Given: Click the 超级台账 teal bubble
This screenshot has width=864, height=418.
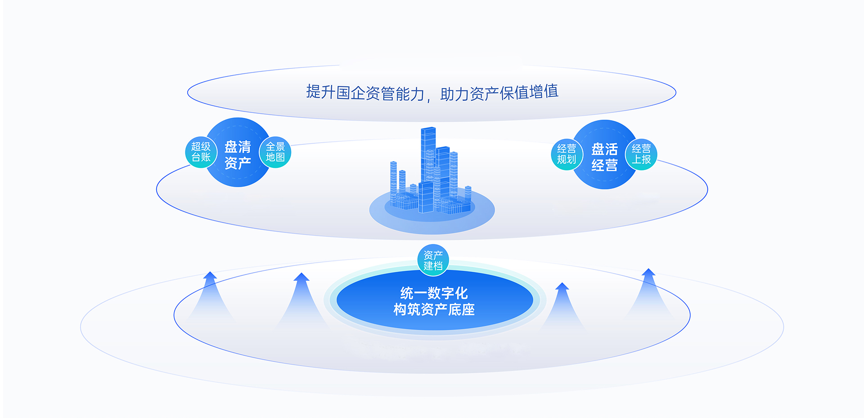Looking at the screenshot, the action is tap(201, 152).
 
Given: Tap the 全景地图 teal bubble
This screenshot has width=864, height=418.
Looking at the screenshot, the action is tap(275, 152).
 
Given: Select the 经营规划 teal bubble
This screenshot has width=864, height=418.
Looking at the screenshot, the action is tap(567, 154).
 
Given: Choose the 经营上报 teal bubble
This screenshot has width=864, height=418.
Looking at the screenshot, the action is tap(641, 154).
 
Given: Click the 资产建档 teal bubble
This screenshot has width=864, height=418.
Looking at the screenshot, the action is tap(433, 260).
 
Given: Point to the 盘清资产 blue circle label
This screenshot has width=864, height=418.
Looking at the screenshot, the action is tap(238, 154).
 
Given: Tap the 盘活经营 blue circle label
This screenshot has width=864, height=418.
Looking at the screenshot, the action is tap(604, 157).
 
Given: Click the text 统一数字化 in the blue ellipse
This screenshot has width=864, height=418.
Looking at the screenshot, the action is tap(434, 293).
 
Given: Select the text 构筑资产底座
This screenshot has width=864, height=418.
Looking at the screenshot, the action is tap(434, 310).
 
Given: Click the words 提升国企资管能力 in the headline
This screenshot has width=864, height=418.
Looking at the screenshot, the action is tap(365, 93).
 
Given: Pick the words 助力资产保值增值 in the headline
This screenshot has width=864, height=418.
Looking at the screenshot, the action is tap(499, 93).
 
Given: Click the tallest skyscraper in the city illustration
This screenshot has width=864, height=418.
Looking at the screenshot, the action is tap(428, 155).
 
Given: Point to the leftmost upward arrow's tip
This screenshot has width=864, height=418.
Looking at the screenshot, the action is tap(210, 272).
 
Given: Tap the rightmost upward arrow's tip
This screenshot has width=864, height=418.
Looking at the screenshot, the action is tap(648, 269).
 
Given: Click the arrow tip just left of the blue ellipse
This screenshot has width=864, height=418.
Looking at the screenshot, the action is tap(301, 274).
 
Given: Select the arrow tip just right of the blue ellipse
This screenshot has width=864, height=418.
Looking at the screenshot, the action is tap(562, 283).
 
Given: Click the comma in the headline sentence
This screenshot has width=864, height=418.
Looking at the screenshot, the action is tap(429, 99).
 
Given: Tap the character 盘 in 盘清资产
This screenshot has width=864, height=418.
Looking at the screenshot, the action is tap(231, 147).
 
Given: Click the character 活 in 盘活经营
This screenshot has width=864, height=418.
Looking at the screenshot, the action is tap(612, 149).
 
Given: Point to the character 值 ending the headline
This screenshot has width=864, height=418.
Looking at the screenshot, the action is tap(552, 91).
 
